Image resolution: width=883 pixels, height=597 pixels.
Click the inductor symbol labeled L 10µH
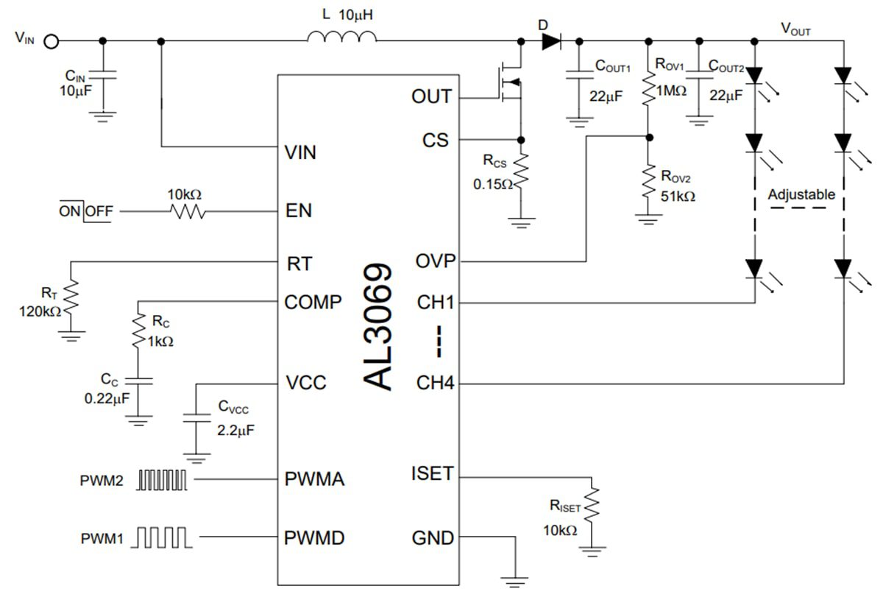[343, 38]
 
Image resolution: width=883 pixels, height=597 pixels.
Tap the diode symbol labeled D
[551, 41]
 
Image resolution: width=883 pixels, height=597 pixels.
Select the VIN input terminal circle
[51, 41]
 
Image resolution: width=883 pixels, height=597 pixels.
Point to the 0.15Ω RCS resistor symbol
[522, 172]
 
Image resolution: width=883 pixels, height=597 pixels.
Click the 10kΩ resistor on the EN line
[187, 211]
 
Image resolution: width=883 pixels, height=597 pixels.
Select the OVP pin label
[436, 261]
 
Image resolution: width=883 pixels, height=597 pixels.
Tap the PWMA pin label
[315, 480]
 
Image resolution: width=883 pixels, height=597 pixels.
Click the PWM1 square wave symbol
[163, 537]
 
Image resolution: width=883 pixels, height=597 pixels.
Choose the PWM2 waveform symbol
[163, 481]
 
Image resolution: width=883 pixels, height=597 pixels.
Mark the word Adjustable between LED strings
[801, 195]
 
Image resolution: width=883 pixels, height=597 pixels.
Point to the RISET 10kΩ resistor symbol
[592, 505]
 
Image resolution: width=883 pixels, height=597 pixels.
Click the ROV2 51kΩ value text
[678, 197]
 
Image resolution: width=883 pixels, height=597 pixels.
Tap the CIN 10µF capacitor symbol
[102, 75]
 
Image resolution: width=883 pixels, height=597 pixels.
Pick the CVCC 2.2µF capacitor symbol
[196, 417]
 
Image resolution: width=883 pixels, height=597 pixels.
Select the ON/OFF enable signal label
[86, 211]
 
